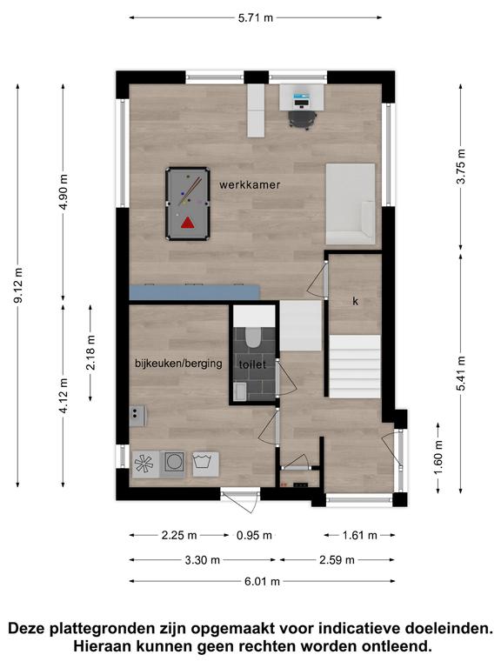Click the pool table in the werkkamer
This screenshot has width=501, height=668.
click(188, 204)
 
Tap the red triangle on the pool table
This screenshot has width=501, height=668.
click(187, 223)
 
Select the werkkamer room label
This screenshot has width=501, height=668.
click(250, 185)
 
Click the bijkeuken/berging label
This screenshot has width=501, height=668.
click(178, 364)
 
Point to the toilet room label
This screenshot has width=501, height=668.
click(252, 364)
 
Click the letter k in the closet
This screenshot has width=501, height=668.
click(355, 301)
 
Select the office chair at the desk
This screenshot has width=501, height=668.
click(303, 119)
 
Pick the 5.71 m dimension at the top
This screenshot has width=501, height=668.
click(256, 18)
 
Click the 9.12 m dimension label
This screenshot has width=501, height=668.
click(18, 285)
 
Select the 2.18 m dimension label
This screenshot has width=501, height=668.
click(90, 352)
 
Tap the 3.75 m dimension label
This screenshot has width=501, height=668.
click(461, 166)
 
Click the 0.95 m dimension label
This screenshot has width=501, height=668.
click(254, 536)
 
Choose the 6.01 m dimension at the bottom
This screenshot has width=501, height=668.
click(262, 581)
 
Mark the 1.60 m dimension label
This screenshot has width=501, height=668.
click(438, 458)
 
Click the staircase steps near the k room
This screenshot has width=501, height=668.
click(355, 366)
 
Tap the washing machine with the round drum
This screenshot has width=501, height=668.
click(174, 462)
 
